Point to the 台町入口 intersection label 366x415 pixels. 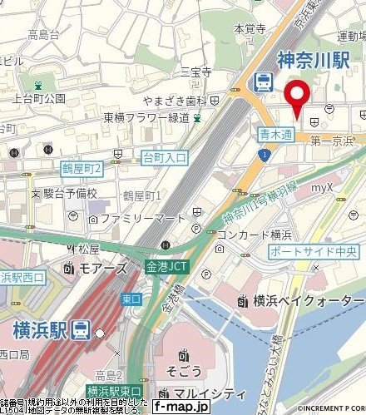click(x=165, y=157)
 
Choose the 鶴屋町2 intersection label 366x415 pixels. click(x=82, y=169)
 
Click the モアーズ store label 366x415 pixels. click(x=106, y=269)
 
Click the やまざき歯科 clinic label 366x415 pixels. click(x=175, y=100)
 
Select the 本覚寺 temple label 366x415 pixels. click(x=249, y=28)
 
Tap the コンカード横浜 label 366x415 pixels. click(x=252, y=235)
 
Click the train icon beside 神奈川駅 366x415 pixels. click(x=263, y=81)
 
